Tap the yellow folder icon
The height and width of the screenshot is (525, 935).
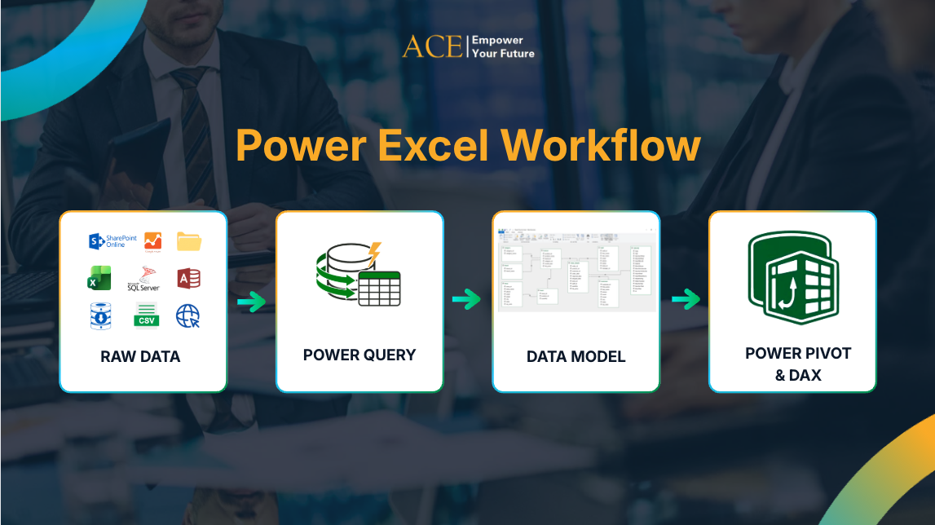[x=189, y=241]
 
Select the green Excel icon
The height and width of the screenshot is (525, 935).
[x=99, y=279]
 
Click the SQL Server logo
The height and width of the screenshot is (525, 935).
[x=143, y=279]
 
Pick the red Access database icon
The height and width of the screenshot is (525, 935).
[x=189, y=279]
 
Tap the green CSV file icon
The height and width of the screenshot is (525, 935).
[x=146, y=315]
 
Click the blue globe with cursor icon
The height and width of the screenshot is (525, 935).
[x=188, y=316]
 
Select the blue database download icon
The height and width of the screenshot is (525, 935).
[x=100, y=316]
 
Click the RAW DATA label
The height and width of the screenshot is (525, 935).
[x=140, y=356]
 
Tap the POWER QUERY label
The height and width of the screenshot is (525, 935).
[x=359, y=355]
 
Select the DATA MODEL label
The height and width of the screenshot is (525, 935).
[x=576, y=356]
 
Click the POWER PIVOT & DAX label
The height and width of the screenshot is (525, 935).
[x=798, y=364]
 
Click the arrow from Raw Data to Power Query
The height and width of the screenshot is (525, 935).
[x=252, y=302]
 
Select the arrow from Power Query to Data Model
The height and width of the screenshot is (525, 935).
[x=466, y=300]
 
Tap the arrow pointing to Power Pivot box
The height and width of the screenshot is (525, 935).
[x=686, y=300]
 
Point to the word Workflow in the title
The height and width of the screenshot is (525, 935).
[x=601, y=146]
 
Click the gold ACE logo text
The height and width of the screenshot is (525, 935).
[x=432, y=46]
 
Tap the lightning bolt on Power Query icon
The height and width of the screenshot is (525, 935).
[x=374, y=252]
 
